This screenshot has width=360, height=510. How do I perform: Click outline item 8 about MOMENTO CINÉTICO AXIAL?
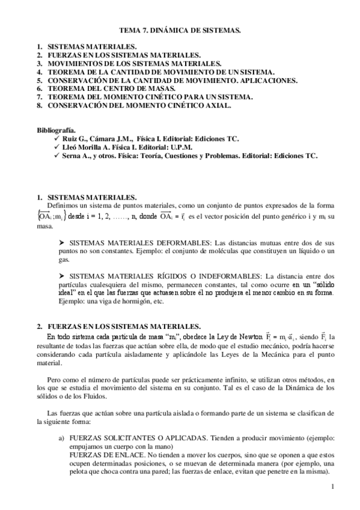[139, 105]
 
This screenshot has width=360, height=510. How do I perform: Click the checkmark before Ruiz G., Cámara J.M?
[56, 139]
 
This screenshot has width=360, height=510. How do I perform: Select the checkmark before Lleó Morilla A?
[56, 147]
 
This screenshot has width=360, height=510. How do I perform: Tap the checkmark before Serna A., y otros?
[56, 156]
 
